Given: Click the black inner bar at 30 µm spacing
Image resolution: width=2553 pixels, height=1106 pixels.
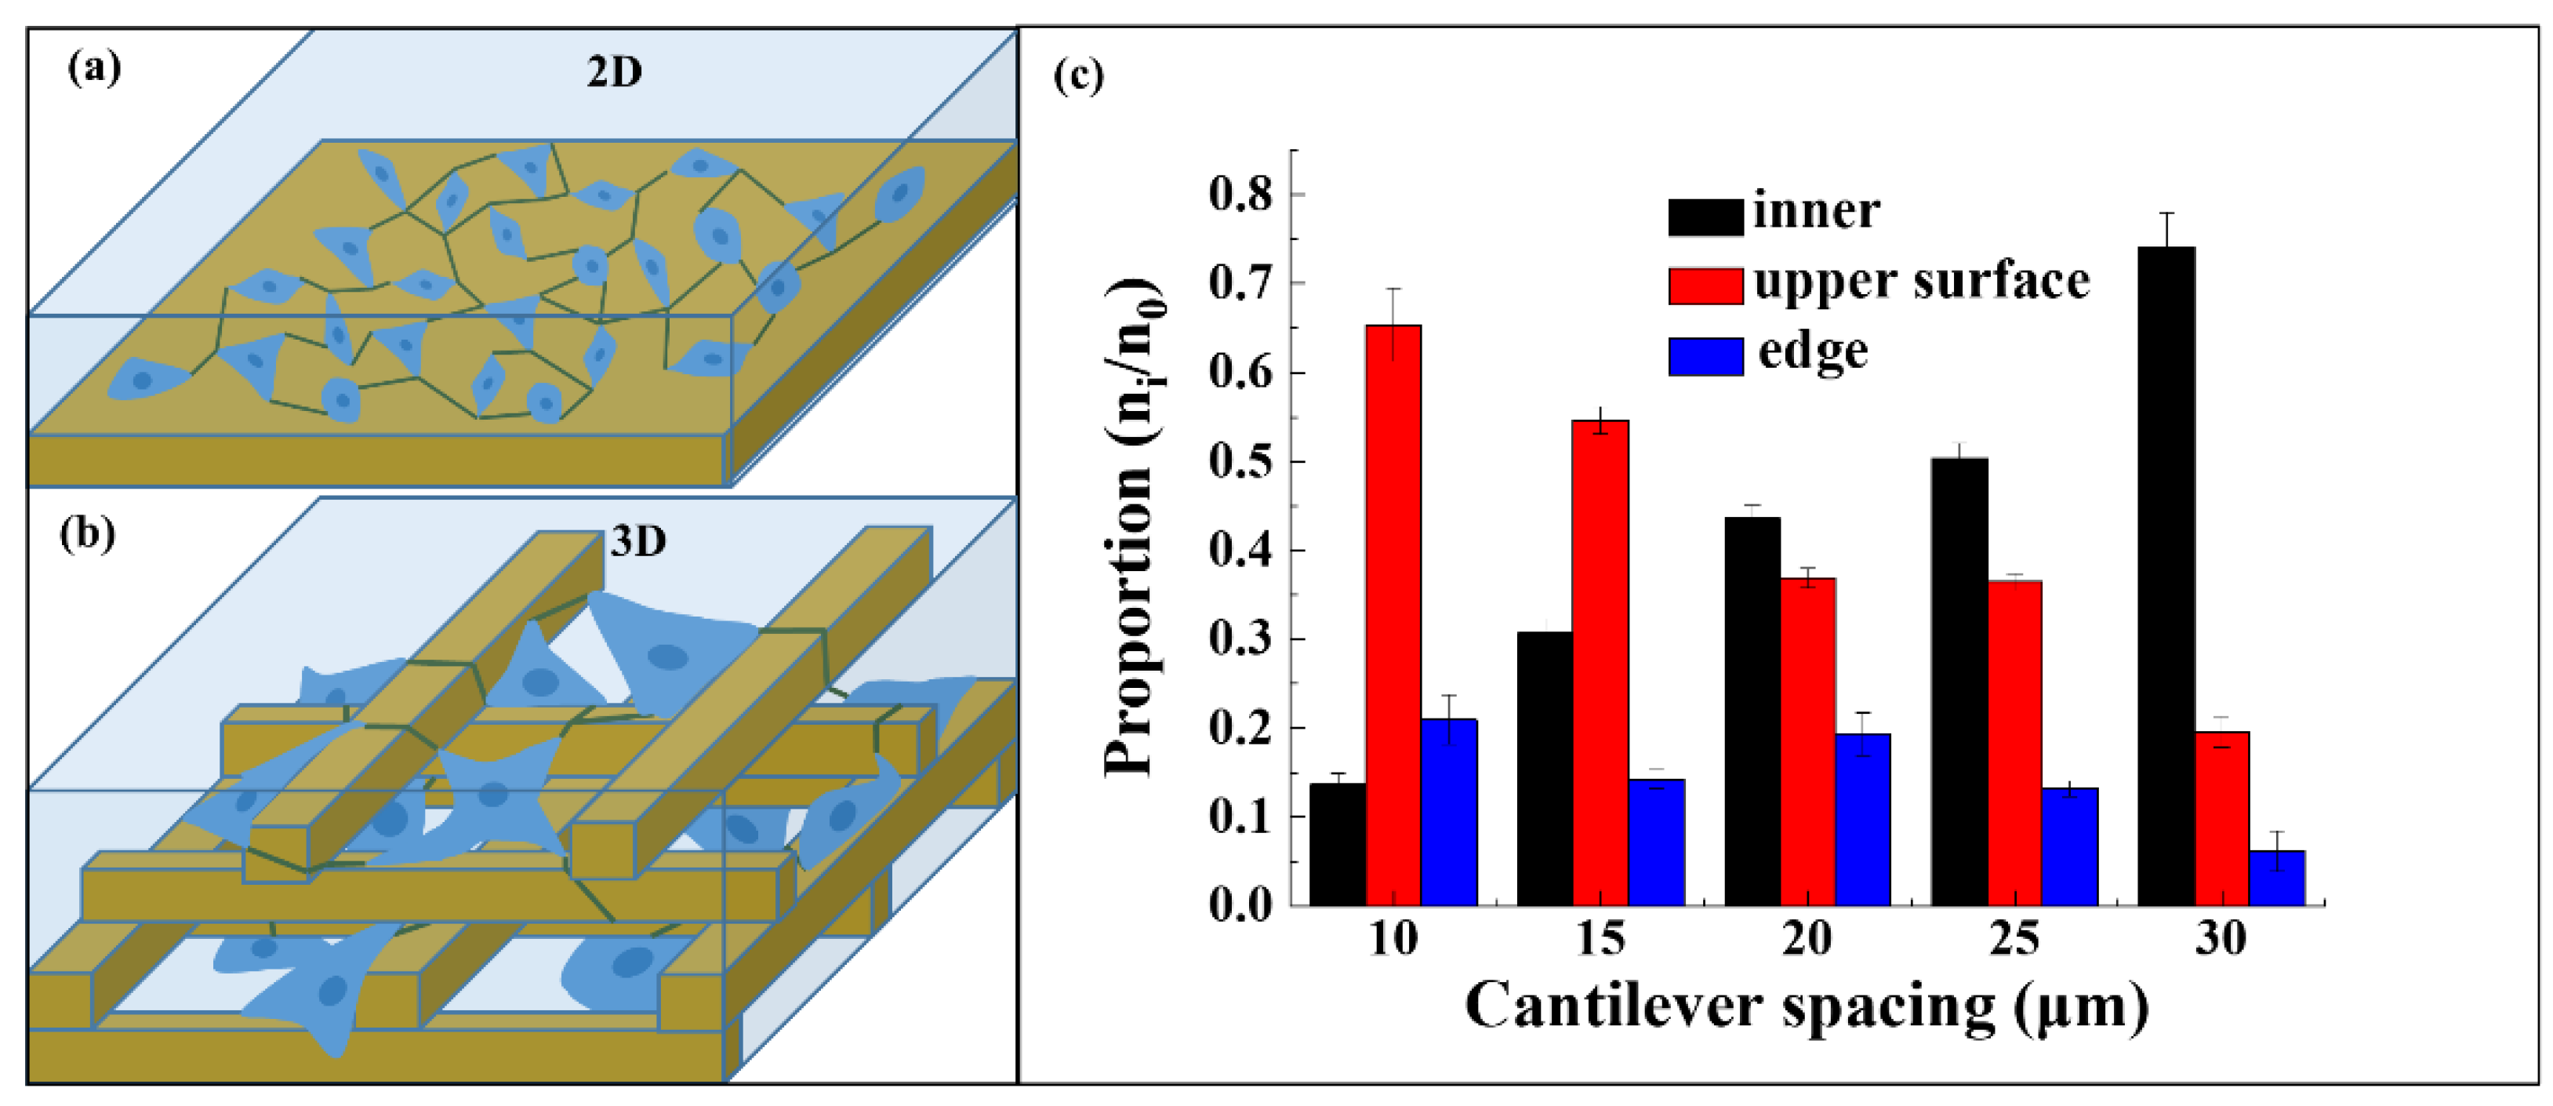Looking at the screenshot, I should [x=2166, y=575].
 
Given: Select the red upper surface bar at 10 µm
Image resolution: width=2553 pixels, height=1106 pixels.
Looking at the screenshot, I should [x=1393, y=614].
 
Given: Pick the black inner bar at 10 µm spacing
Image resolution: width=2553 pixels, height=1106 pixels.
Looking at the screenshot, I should [x=1337, y=843].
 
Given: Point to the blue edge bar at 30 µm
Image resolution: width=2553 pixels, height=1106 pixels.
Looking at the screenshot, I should [x=2276, y=877].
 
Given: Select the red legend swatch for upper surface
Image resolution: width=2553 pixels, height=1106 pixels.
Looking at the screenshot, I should [x=1705, y=286].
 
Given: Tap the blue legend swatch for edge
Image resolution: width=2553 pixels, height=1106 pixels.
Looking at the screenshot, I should [x=1705, y=356].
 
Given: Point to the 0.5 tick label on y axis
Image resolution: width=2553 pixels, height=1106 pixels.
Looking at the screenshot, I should [x=1240, y=463].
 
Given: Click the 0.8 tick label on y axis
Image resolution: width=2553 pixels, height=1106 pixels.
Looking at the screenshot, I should [x=1240, y=195].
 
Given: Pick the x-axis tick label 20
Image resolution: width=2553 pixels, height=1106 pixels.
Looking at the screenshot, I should [x=1806, y=937].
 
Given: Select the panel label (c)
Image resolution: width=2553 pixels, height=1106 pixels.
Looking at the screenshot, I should [x=1078, y=76].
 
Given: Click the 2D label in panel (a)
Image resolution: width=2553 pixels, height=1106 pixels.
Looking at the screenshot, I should [x=613, y=72].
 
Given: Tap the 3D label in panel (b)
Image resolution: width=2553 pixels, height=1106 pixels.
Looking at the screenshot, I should [x=637, y=541].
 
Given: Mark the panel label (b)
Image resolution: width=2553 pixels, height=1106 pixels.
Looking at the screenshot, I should [x=87, y=533].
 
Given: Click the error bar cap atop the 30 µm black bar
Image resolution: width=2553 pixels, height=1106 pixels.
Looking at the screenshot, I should [x=2166, y=213].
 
